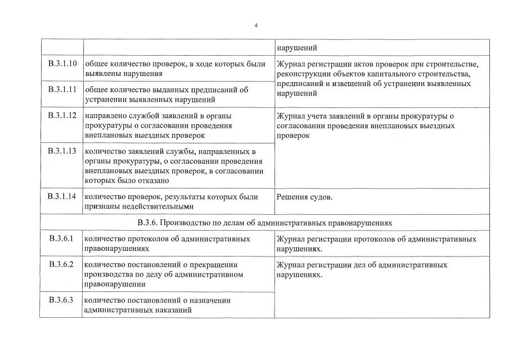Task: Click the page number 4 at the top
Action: pyautogui.click(x=256, y=25)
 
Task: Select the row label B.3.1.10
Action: pyautogui.click(x=62, y=64)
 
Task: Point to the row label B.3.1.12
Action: pyautogui.click(x=62, y=115)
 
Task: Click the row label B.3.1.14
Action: pyautogui.click(x=62, y=196)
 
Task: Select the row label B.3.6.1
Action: pyautogui.click(x=61, y=238)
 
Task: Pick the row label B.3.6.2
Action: pyautogui.click(x=61, y=264)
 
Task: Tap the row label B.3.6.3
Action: pyautogui.click(x=61, y=299)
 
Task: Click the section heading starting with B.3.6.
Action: pyautogui.click(x=264, y=223)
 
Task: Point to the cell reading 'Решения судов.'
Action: pyautogui.click(x=304, y=197)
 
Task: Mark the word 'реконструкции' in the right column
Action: pyautogui.click(x=302, y=74)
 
